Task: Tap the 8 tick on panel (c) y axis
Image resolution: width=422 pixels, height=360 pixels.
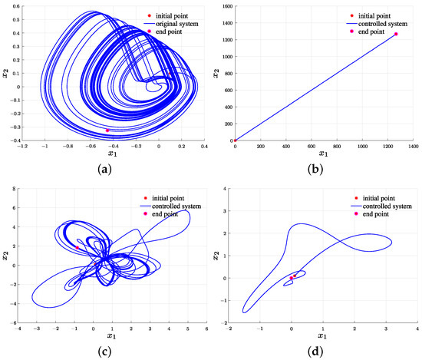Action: tap(15, 186)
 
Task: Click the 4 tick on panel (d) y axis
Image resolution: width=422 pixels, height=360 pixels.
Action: tap(223, 186)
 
